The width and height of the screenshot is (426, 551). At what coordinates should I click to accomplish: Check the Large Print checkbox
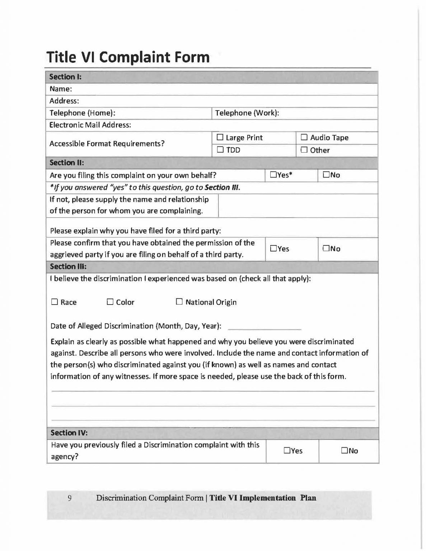pos(220,137)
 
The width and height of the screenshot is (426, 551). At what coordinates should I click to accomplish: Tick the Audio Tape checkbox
pos(304,137)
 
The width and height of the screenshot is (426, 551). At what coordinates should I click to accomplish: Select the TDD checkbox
pos(220,150)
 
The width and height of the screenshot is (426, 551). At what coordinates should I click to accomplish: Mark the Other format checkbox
pos(304,150)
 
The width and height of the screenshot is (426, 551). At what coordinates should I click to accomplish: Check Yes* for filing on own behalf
pos(273,175)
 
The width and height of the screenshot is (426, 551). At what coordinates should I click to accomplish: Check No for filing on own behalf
pos(326,175)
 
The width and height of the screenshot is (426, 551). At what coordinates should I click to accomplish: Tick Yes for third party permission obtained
pos(273,249)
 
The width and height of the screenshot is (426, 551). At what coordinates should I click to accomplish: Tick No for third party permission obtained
pos(326,249)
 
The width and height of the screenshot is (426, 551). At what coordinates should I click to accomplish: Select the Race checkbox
pos(55,302)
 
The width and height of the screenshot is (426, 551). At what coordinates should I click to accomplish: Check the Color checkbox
pos(110,302)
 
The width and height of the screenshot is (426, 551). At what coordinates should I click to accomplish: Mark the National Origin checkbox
pos(179,302)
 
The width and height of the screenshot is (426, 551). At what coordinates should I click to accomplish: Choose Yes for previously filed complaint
pos(287,451)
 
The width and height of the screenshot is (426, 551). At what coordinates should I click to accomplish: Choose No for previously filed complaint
pos(345,451)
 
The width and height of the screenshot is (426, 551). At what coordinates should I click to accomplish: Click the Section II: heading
pos(67,163)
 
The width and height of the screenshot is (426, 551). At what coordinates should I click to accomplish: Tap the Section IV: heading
pos(69,433)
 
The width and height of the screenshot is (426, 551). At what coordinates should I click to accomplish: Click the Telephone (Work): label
pos(247,113)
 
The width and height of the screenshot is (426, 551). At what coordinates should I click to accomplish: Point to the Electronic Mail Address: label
pos(90,125)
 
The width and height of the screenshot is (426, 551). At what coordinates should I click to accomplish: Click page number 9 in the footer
pos(69,498)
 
